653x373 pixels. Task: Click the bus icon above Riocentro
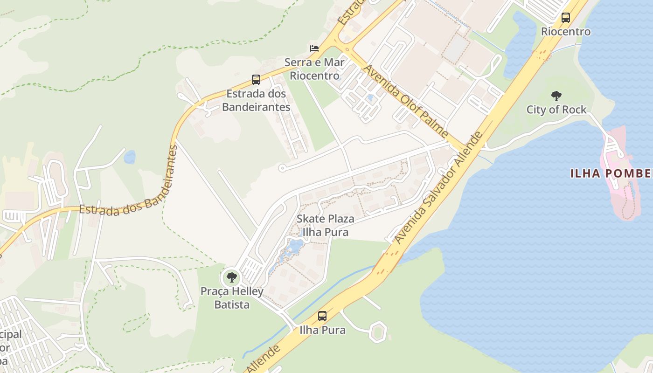coord(566,18)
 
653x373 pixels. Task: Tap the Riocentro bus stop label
coord(566,32)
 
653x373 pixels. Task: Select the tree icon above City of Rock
coord(556,96)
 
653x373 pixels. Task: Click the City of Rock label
coord(556,110)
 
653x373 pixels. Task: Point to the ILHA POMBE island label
coord(611,174)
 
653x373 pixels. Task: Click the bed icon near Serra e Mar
coord(314,48)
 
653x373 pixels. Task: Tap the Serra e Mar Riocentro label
coord(315,69)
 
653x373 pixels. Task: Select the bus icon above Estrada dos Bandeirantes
coord(256,80)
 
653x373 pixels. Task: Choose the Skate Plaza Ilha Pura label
coord(326,225)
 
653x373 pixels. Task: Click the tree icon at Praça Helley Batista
coord(231,278)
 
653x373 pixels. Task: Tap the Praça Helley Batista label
coord(232,298)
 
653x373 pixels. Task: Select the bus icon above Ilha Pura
coord(322,316)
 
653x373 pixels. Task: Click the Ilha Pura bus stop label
coord(322,330)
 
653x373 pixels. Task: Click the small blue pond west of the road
coord(130,157)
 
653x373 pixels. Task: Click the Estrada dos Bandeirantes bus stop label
coord(256,100)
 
